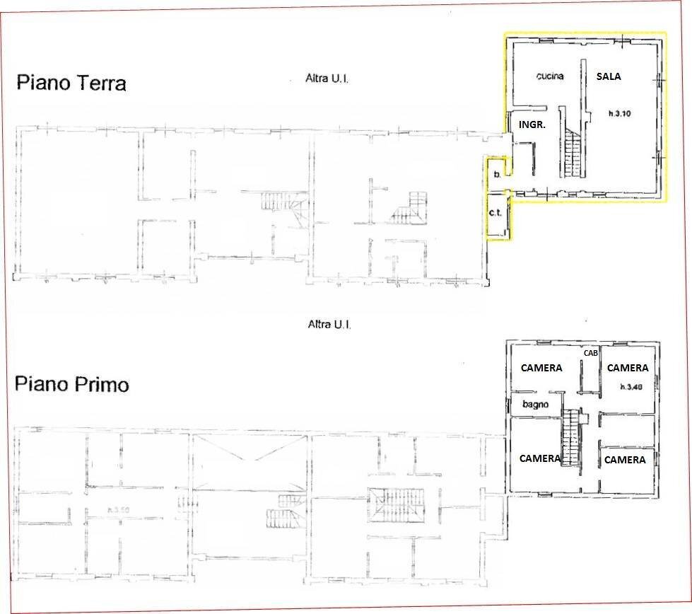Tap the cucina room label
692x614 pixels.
point(549,76)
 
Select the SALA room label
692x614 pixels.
point(609,76)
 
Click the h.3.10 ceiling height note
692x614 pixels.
point(621,112)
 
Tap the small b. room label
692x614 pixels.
point(498,174)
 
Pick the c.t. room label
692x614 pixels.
point(495,213)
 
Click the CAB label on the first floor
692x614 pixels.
point(590,353)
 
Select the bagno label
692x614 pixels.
point(536,405)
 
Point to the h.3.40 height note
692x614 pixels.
point(631,387)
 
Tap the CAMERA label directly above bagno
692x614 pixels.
point(541,368)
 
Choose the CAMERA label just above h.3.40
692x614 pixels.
point(627,368)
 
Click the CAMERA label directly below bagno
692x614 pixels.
point(540,458)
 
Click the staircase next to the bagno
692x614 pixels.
point(570,439)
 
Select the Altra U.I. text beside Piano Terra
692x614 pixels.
point(327,79)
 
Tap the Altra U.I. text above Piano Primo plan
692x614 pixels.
point(330,325)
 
